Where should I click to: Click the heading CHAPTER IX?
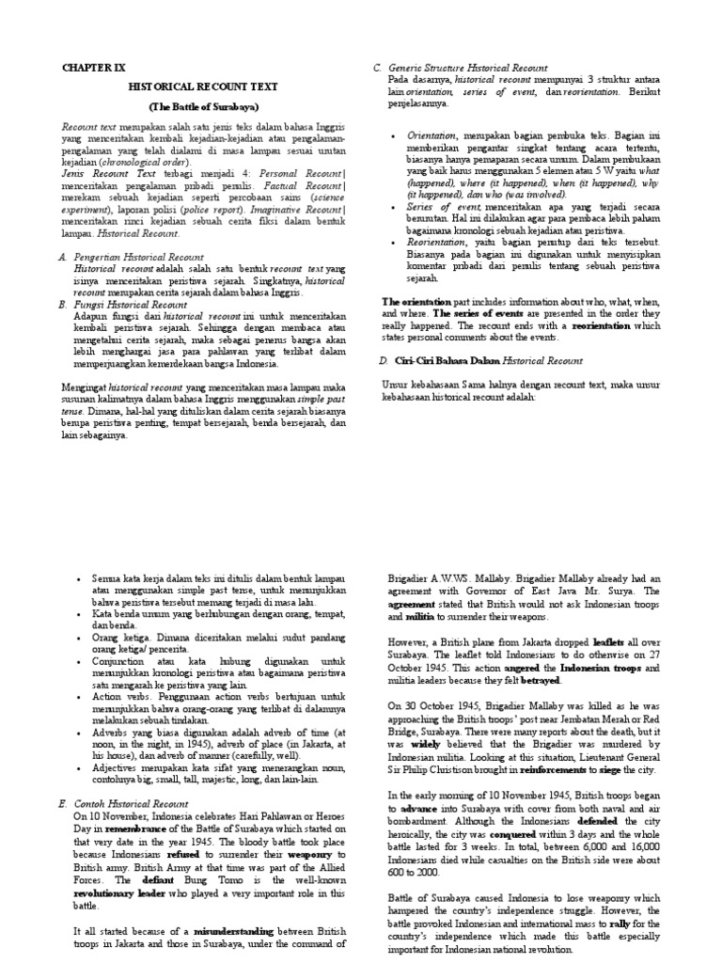coord(93,69)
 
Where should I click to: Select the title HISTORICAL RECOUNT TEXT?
coord(204,87)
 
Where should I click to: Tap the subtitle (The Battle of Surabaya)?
coord(203,105)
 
